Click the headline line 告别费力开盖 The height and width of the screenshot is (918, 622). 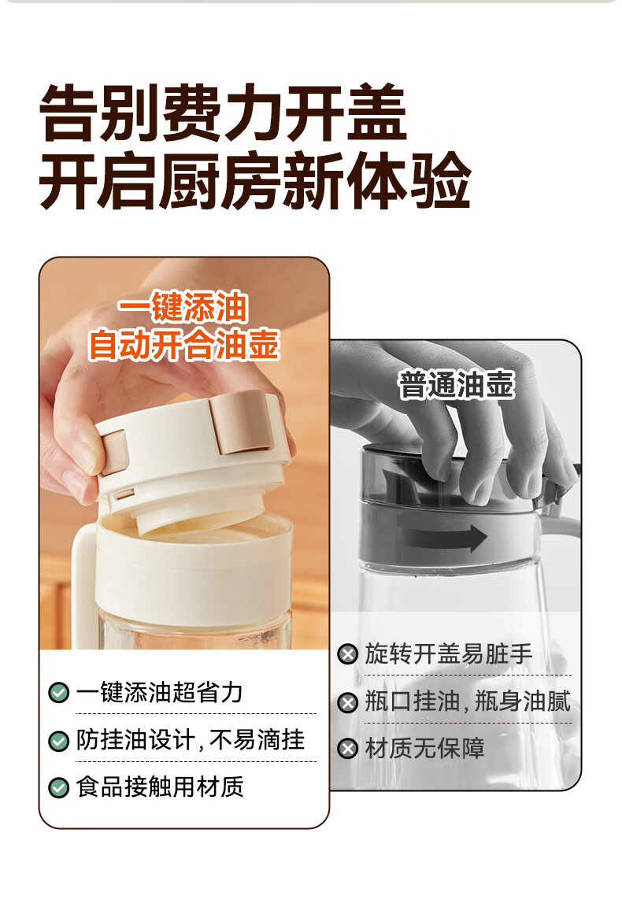coord(223,112)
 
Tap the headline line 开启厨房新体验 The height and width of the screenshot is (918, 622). coord(255,180)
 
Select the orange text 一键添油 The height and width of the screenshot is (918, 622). coord(183,307)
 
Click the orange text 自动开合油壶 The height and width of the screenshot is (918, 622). coord(183,344)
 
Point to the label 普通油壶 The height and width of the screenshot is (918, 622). coord(456,385)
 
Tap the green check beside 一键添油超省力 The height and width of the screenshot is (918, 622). coord(58,693)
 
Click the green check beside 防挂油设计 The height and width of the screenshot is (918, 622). coord(58,741)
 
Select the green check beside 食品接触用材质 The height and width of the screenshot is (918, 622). coord(58,787)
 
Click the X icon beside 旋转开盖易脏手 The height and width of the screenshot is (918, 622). coord(348,654)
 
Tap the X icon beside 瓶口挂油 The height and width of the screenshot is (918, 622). coord(348,702)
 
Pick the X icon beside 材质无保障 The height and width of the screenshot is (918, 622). coord(348,749)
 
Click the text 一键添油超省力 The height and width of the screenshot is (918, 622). coord(159,693)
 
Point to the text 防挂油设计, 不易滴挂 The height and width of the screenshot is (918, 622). coord(191,740)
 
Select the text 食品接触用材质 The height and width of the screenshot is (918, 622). coord(160,787)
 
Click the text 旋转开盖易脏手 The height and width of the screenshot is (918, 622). coord(449,654)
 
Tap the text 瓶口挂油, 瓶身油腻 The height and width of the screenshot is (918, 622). coord(468,701)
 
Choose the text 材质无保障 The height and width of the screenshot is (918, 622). coord(424,749)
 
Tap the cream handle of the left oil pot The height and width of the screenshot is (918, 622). coord(83,576)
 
